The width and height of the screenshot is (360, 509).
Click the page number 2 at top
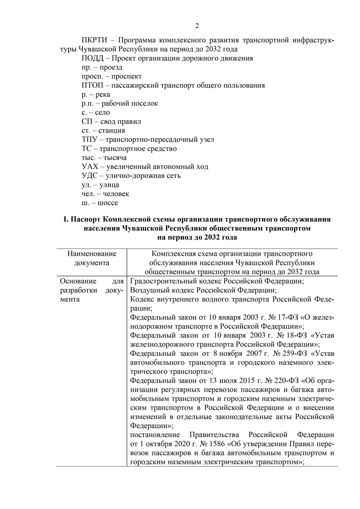(x=197, y=26)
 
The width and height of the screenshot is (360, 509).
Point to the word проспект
(x=126, y=76)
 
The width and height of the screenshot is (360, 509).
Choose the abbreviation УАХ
(x=90, y=167)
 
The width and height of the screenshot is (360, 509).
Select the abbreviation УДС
(x=90, y=176)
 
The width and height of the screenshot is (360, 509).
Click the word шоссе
(x=108, y=203)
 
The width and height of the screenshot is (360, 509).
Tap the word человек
(x=116, y=194)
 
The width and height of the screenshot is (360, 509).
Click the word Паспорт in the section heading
(x=87, y=219)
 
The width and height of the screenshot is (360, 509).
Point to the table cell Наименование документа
(x=92, y=258)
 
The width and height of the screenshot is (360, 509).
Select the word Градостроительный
(x=162, y=281)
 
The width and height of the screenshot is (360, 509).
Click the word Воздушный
(x=147, y=290)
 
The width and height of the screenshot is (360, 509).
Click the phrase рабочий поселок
(x=130, y=103)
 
